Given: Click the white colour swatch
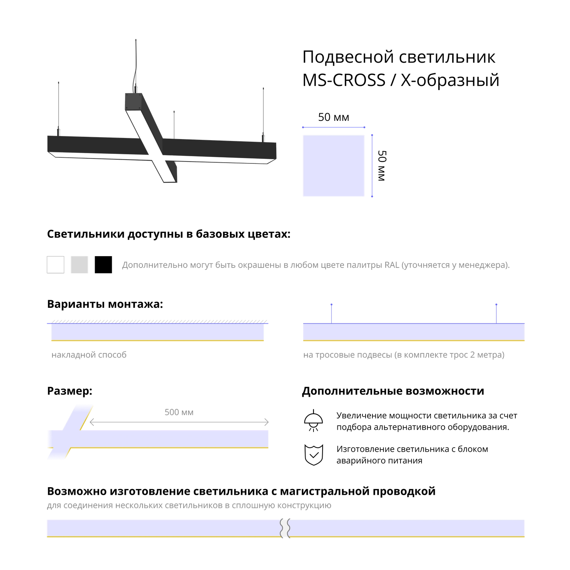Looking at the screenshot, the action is coord(55,264).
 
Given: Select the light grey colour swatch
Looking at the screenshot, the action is coord(79,264).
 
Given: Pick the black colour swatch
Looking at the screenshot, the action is coord(103,264).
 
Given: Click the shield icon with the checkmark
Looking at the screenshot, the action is coord(314,455).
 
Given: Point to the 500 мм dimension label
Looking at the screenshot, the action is coord(179,412).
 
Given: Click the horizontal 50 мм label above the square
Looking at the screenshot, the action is coord(334,117).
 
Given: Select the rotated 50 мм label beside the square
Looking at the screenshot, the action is coord(382,166).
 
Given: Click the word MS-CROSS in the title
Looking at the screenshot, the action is coord(344,80).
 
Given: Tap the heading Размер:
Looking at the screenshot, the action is coord(70,391).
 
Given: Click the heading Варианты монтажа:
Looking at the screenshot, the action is coord(105,304).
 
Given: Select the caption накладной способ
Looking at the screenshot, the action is coord(89,355).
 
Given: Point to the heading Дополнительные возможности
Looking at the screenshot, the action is coord(393,391).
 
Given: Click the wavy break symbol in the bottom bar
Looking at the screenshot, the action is coord(285,528).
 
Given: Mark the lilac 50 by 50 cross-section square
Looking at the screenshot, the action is coord(334,166).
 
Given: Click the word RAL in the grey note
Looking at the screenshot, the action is coord(392,265).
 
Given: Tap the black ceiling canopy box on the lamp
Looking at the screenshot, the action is coord(133,101).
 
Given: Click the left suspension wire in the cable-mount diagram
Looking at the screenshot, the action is coord(331,314).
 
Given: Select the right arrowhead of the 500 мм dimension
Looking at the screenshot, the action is coord(267,422).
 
